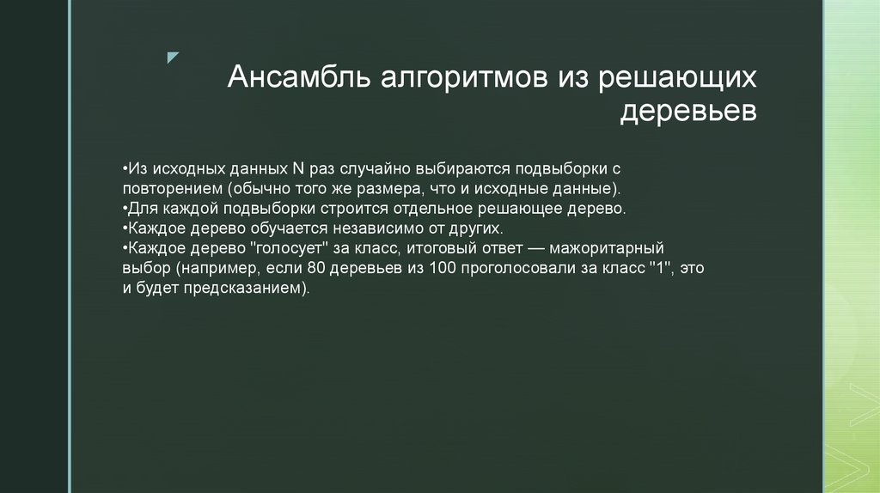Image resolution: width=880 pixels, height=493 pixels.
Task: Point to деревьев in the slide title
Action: (x=688, y=113)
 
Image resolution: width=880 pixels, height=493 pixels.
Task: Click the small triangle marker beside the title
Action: (x=173, y=58)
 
